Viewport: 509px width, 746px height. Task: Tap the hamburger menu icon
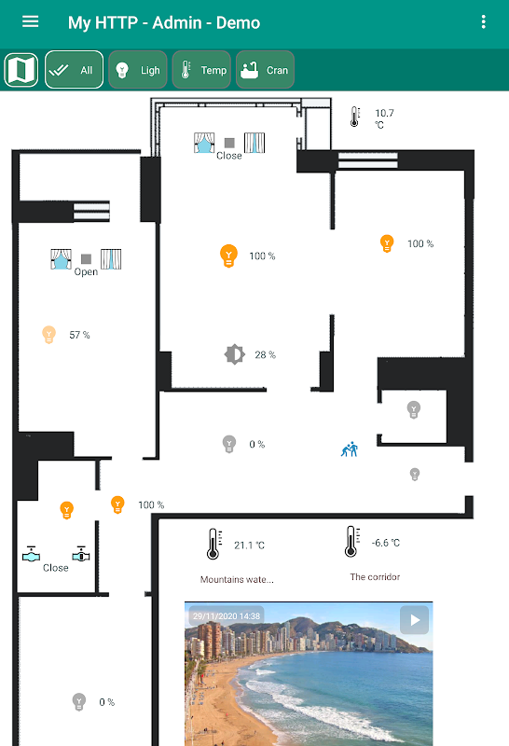[x=31, y=21]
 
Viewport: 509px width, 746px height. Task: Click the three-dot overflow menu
[x=483, y=21]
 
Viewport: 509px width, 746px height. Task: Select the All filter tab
[x=75, y=70]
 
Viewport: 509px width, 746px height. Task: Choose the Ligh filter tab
[x=138, y=70]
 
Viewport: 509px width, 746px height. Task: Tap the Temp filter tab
[x=201, y=70]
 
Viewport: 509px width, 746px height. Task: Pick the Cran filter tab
[x=265, y=70]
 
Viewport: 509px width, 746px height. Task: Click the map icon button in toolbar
[x=21, y=70]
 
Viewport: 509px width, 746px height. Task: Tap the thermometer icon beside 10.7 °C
[x=355, y=117]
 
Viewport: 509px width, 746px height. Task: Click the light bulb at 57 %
[x=49, y=335]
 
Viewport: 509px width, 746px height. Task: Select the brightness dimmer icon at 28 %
[x=235, y=354]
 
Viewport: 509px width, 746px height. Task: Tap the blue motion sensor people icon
[x=350, y=449]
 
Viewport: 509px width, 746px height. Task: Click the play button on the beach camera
[x=414, y=620]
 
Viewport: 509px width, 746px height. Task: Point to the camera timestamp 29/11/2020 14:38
[x=227, y=616]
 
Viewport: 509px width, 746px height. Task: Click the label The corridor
[x=375, y=577]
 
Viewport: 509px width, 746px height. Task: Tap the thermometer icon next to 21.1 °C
[x=213, y=544]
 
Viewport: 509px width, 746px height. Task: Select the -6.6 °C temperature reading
[x=386, y=543]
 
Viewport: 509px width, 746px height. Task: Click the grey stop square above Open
[x=86, y=259]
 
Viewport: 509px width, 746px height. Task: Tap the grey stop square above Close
[x=229, y=143]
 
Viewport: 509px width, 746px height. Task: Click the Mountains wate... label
[x=237, y=579]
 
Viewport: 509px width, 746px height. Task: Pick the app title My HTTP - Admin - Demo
[x=164, y=22]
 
